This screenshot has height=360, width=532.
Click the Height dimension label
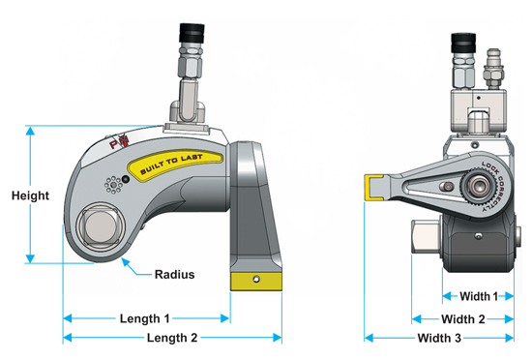pyautogui.click(x=31, y=195)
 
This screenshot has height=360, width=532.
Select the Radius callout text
pyautogui.click(x=175, y=274)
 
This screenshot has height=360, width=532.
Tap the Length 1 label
pyautogui.click(x=144, y=318)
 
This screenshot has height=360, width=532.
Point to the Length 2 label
pyautogui.click(x=172, y=338)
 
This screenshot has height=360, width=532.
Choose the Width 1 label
pyautogui.click(x=479, y=296)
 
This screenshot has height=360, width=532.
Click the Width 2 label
pyautogui.click(x=462, y=319)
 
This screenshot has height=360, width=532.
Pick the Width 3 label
pyautogui.click(x=439, y=338)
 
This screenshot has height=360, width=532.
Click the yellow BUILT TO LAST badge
pyautogui.click(x=175, y=165)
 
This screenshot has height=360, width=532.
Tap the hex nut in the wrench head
pyautogui.click(x=100, y=226)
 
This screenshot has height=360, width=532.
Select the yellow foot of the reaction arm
pyautogui.click(x=256, y=282)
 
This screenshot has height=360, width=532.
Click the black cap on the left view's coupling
pyautogui.click(x=192, y=33)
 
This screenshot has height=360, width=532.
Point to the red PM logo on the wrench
pyautogui.click(x=119, y=142)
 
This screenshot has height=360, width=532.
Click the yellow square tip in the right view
pyautogui.click(x=373, y=188)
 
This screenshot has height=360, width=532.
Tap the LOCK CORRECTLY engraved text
pyautogui.click(x=495, y=186)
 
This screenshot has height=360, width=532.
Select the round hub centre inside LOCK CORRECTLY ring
pyautogui.click(x=479, y=186)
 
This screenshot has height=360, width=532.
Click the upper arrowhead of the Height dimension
pyautogui.click(x=31, y=131)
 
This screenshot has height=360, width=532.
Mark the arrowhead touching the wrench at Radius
pyautogui.click(x=125, y=262)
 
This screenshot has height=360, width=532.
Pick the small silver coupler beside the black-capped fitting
pyautogui.click(x=493, y=68)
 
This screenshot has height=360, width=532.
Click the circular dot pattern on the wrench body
pyautogui.click(x=113, y=185)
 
